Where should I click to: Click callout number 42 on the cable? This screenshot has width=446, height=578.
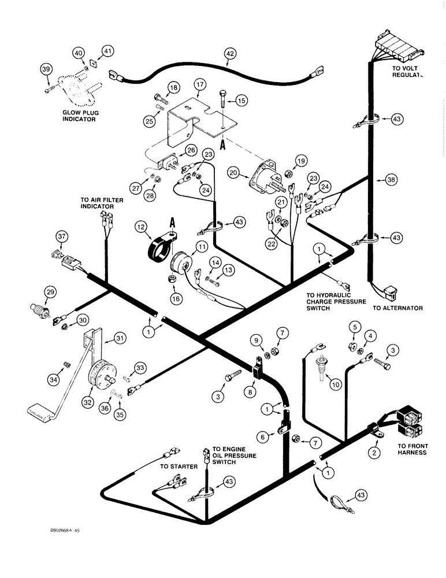(231, 55)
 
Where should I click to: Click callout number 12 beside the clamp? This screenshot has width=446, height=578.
(141, 229)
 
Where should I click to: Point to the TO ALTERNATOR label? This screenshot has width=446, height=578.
(397, 308)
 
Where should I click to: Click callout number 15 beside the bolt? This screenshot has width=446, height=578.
(241, 100)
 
